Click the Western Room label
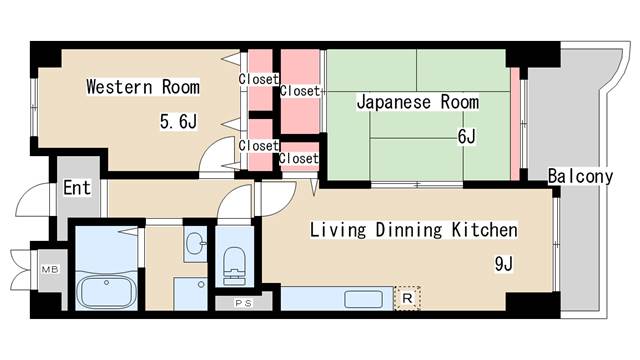point(142,87)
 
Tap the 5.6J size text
point(180,122)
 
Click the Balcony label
point(580,177)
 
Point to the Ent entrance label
point(77,188)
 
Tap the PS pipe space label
point(241,303)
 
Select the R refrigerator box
point(408,297)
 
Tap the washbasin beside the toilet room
point(194,243)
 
